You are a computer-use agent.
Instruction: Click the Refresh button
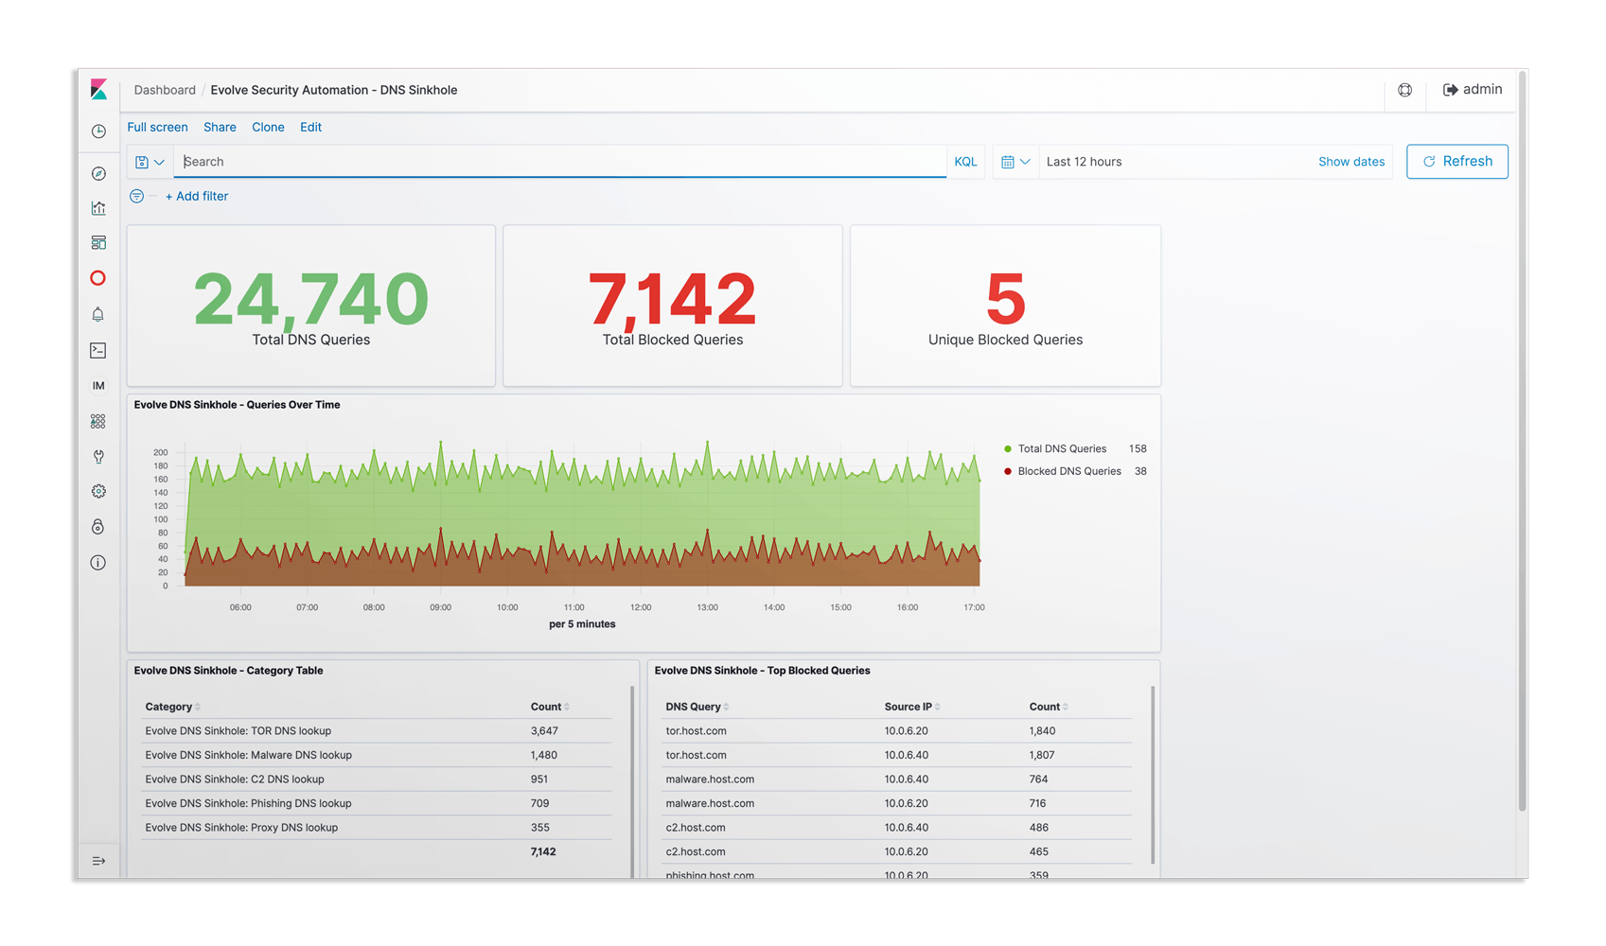[x=1456, y=161]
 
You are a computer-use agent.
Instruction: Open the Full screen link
[x=157, y=127]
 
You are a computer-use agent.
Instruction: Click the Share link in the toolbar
[x=220, y=127]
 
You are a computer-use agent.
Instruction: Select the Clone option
[x=268, y=127]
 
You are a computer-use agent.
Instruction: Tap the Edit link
[x=310, y=127]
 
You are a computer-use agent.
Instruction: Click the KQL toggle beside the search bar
[x=965, y=161]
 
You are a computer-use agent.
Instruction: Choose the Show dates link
[x=1351, y=161]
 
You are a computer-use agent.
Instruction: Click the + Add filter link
[x=197, y=196]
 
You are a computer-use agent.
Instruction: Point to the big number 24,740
[x=310, y=298]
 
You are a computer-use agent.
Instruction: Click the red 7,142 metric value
[x=672, y=298]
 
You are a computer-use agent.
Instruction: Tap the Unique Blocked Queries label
[x=1005, y=340]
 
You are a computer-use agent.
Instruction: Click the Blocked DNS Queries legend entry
[x=1069, y=471]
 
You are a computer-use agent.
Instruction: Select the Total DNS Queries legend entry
[x=1062, y=448]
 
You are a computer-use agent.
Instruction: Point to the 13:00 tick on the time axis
[x=707, y=607]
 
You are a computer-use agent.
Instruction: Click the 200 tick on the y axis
[x=161, y=452]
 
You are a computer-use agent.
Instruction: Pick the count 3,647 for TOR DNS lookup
[x=544, y=731]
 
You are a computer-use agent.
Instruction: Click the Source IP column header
[x=908, y=707]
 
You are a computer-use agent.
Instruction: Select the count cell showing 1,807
[x=1042, y=755]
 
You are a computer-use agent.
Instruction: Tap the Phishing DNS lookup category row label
[x=248, y=803]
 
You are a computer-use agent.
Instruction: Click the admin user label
[x=1482, y=90]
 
